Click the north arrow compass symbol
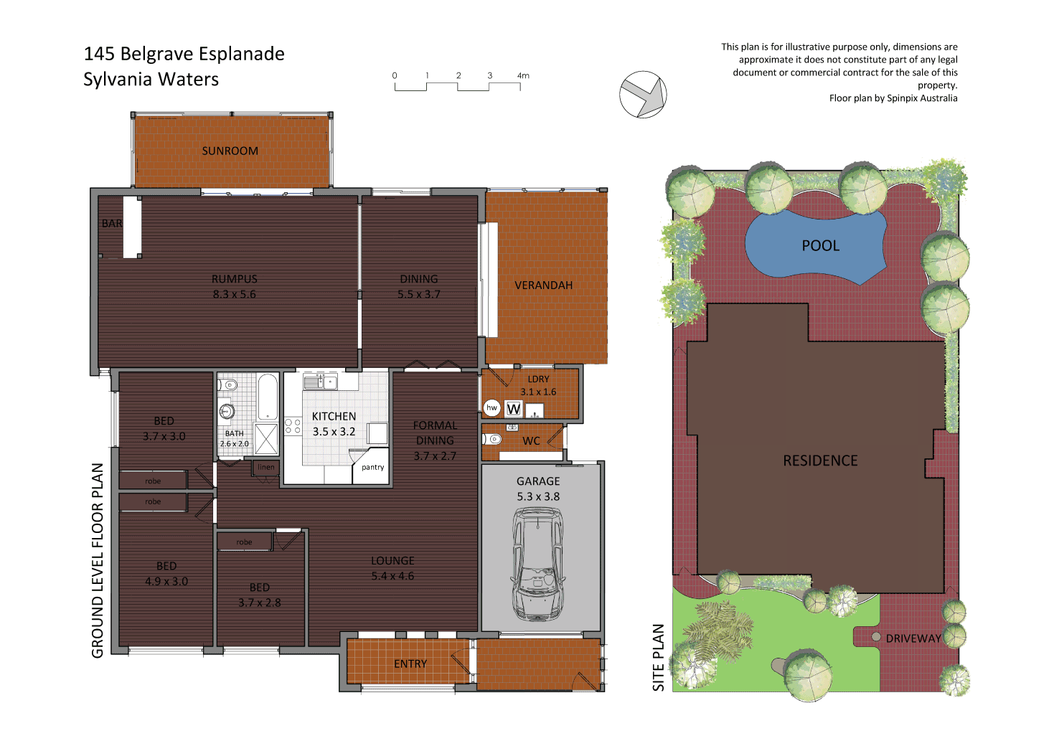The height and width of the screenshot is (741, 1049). pyautogui.click(x=643, y=95)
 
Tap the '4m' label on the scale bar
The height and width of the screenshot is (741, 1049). pyautogui.click(x=523, y=75)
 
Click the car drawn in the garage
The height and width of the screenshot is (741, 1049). pyautogui.click(x=537, y=564)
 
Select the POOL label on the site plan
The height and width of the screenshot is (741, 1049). pyautogui.click(x=820, y=246)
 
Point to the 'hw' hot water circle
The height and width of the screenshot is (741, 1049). pyautogui.click(x=491, y=407)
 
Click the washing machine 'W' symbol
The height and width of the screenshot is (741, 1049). pyautogui.click(x=514, y=409)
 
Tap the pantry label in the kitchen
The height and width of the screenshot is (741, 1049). pyautogui.click(x=372, y=467)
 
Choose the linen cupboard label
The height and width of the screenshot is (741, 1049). pyautogui.click(x=266, y=467)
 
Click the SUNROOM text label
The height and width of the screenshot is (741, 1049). pyautogui.click(x=230, y=151)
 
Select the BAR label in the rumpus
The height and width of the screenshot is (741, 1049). pyautogui.click(x=112, y=224)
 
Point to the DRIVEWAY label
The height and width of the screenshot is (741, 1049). pyautogui.click(x=913, y=638)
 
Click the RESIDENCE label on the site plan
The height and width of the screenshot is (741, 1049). pyautogui.click(x=820, y=461)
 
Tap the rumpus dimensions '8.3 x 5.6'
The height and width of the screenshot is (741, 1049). pyautogui.click(x=234, y=294)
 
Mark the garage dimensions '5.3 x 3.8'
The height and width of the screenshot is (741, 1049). pyautogui.click(x=538, y=496)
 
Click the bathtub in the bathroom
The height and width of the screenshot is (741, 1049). pyautogui.click(x=268, y=396)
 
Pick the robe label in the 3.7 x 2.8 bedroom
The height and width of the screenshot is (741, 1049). pyautogui.click(x=244, y=542)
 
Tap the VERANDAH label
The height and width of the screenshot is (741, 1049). pyautogui.click(x=543, y=285)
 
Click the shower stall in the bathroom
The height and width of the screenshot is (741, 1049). pyautogui.click(x=266, y=439)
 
